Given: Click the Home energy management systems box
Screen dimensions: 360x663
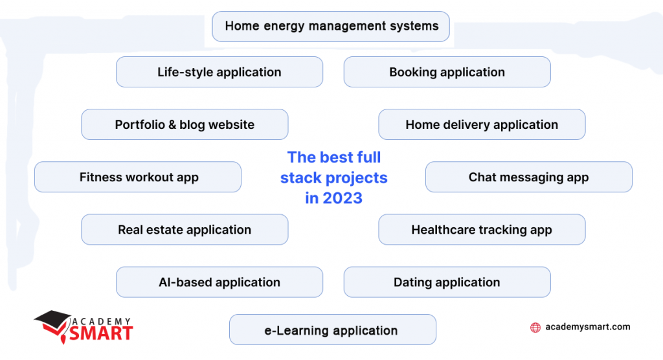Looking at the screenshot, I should [x=331, y=27].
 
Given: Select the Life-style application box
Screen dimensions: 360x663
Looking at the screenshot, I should [x=219, y=72].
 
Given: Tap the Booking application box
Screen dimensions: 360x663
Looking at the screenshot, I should [x=447, y=72].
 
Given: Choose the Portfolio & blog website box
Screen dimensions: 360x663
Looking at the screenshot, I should [x=185, y=124].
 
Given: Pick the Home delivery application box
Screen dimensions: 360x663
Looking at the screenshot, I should [x=482, y=124].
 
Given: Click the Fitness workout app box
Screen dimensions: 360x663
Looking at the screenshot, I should [x=138, y=177].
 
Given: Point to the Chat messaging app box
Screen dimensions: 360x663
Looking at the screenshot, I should [x=528, y=177].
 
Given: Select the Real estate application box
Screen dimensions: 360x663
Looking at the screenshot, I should [x=185, y=229].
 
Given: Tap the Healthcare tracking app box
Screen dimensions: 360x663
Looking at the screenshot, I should [x=482, y=229].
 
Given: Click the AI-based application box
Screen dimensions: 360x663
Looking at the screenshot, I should [x=219, y=282].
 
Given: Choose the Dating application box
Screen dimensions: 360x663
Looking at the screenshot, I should [x=447, y=282].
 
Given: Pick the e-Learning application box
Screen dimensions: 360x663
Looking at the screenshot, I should [x=333, y=330].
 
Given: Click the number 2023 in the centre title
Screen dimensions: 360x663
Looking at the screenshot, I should [x=343, y=198].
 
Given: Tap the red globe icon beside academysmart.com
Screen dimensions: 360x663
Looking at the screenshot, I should [x=535, y=328].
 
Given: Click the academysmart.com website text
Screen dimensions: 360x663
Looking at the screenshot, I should [x=588, y=327].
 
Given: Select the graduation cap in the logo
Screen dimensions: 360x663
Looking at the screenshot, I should [x=52, y=319].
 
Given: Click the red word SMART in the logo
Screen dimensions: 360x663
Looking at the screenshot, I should [x=102, y=333].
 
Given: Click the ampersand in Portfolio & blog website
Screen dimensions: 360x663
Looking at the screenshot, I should [x=172, y=124].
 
